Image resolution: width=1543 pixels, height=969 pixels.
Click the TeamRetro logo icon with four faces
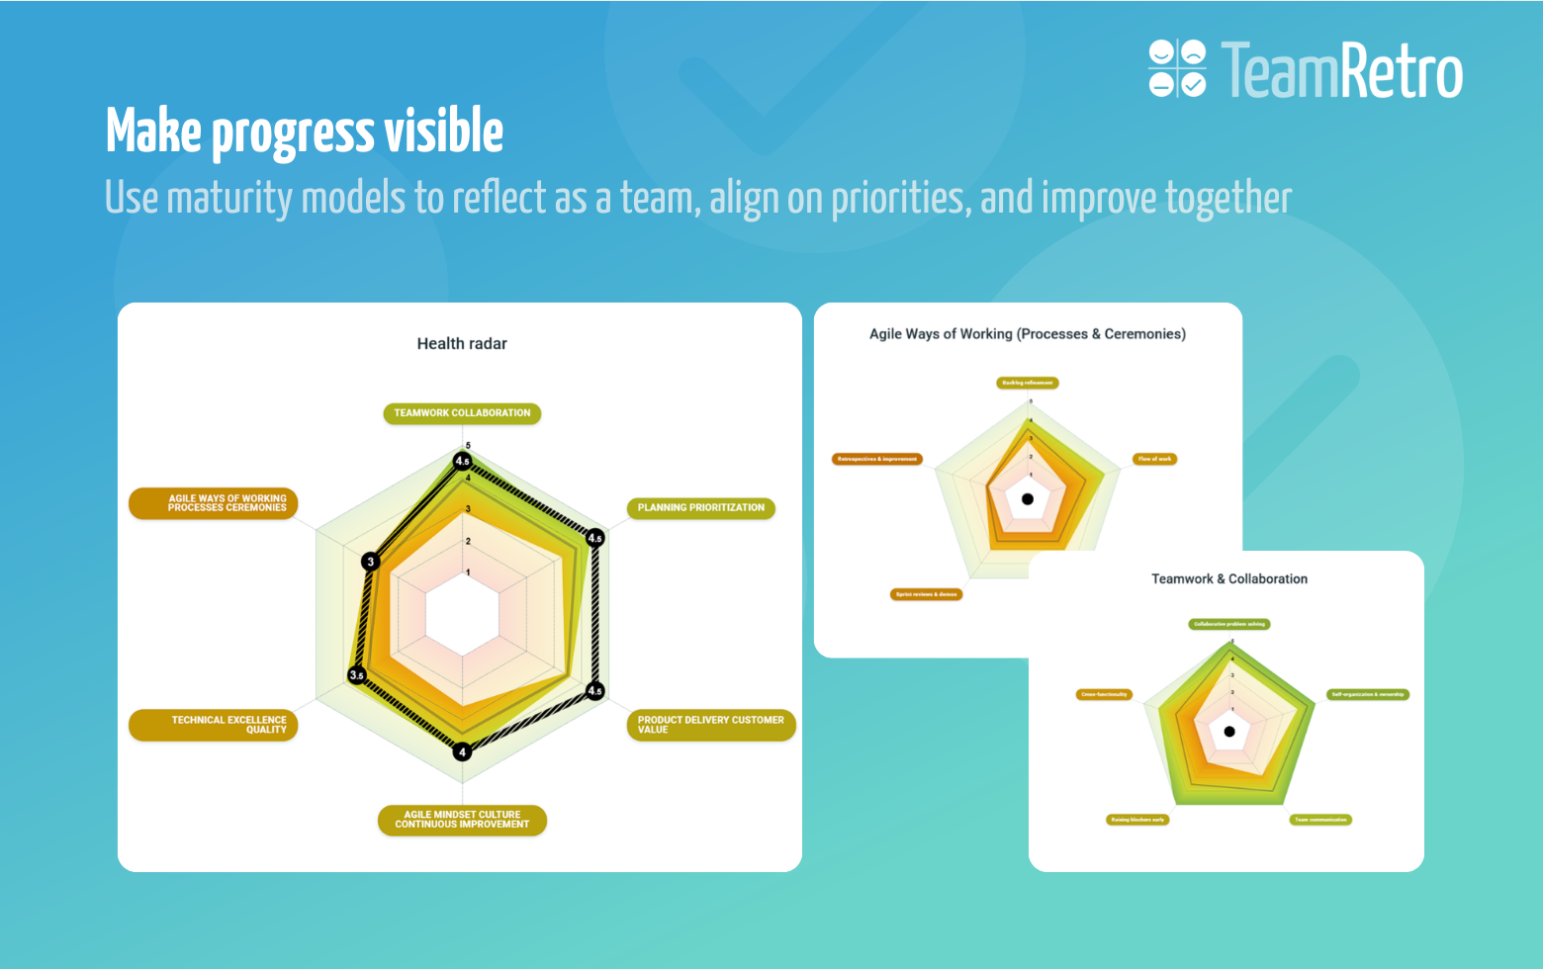click(x=1177, y=68)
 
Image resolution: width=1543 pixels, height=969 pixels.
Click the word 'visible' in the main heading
click(x=443, y=132)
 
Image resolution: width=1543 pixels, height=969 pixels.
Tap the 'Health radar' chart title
click(x=462, y=343)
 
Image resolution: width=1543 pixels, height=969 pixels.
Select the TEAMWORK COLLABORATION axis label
click(x=462, y=413)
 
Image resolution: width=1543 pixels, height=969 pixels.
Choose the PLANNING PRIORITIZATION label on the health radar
click(x=700, y=508)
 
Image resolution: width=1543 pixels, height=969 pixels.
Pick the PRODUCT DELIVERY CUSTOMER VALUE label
click(x=710, y=725)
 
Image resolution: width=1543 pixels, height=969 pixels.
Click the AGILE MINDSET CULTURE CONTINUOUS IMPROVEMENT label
click(x=462, y=820)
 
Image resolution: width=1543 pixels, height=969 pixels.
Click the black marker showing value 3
click(x=371, y=562)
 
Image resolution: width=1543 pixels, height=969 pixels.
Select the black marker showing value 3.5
click(x=357, y=675)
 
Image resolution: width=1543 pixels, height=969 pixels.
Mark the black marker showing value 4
click(x=462, y=751)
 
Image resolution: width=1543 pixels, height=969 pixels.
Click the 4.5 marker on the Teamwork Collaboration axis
click(x=462, y=461)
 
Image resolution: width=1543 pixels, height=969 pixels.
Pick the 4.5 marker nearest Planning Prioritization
click(x=594, y=538)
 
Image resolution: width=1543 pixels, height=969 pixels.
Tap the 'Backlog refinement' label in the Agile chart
click(x=1027, y=383)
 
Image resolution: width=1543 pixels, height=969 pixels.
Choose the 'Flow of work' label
click(x=1154, y=459)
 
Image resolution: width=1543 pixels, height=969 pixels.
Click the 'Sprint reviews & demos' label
click(x=926, y=594)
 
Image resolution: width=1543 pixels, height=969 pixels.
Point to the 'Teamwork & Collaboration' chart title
click(x=1228, y=578)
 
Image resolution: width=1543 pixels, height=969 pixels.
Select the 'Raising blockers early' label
click(x=1137, y=820)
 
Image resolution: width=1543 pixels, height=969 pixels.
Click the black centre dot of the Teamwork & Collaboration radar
click(x=1229, y=732)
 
